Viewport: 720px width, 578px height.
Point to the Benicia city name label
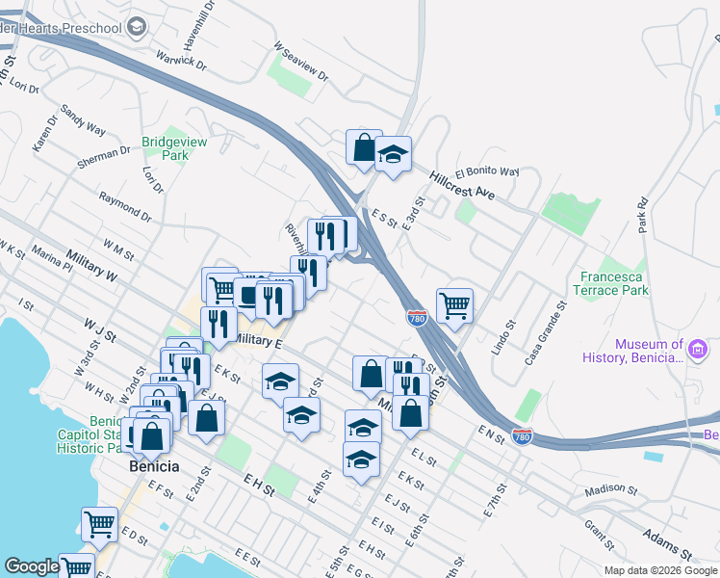point(155,466)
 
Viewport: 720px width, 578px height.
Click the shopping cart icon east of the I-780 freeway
point(454,306)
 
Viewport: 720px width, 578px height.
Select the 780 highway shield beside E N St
point(522,436)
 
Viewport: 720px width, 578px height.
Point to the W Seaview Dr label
point(301,61)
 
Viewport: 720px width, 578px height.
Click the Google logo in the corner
point(32,566)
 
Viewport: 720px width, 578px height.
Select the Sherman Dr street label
point(105,154)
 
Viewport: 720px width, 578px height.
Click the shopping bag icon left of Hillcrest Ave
point(364,148)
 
